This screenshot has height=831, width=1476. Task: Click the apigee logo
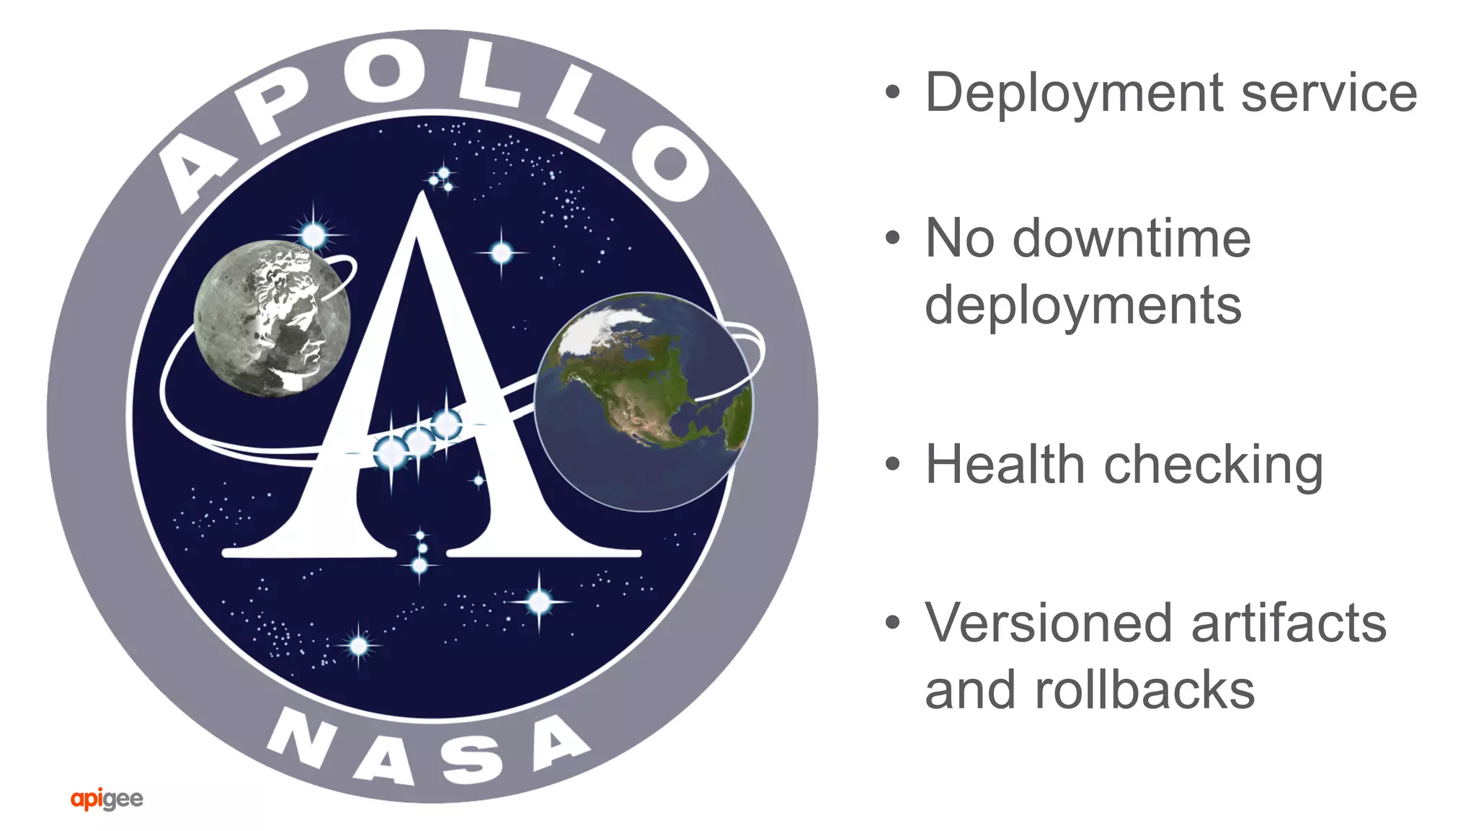tap(107, 799)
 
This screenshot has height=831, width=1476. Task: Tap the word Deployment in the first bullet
tap(1075, 94)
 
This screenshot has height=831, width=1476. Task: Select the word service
tap(1329, 94)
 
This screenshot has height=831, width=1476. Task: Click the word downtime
tap(1132, 239)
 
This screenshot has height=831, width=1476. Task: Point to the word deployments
tap(1083, 306)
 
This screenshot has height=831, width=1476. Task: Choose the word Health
tap(1005, 465)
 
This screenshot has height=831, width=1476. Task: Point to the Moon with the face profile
tap(272, 318)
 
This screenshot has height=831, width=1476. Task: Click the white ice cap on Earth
tap(602, 324)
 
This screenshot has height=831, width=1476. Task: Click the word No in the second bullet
tap(959, 239)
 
